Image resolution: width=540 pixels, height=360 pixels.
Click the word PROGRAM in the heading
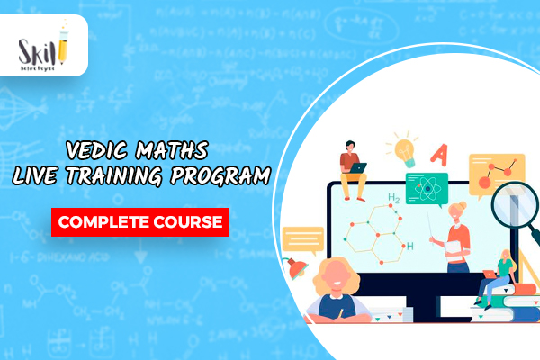coord(227,175)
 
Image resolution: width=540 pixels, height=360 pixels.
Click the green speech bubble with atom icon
coord(427,187)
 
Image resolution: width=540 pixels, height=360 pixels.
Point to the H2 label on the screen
coord(393,199)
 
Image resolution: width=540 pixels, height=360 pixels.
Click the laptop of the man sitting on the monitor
coord(358,167)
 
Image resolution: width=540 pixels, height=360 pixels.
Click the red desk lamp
coord(295,265)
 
